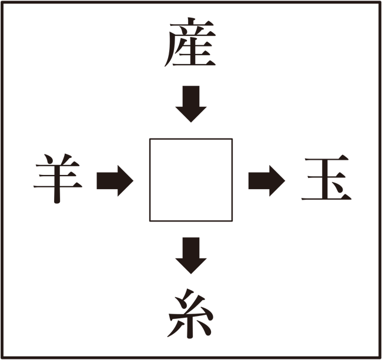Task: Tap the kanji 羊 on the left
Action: pos(58,179)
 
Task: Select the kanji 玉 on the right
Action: pos(326,177)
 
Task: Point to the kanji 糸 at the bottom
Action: pos(191,314)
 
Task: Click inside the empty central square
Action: pos(191,180)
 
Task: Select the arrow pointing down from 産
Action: pos(191,104)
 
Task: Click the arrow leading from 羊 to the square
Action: pos(115,181)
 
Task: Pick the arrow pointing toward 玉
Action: pos(267,181)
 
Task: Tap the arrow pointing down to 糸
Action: pos(191,255)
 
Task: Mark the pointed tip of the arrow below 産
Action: pos(191,122)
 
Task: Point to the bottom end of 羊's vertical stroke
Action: pos(57,203)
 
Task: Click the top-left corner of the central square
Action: pos(150,139)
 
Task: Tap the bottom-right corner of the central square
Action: pos(232,221)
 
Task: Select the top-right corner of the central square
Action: pos(232,139)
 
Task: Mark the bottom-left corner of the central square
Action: pos(150,221)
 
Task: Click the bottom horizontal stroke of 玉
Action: pos(326,198)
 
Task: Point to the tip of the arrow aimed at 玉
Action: pos(285,181)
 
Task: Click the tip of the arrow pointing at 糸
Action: pos(191,274)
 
